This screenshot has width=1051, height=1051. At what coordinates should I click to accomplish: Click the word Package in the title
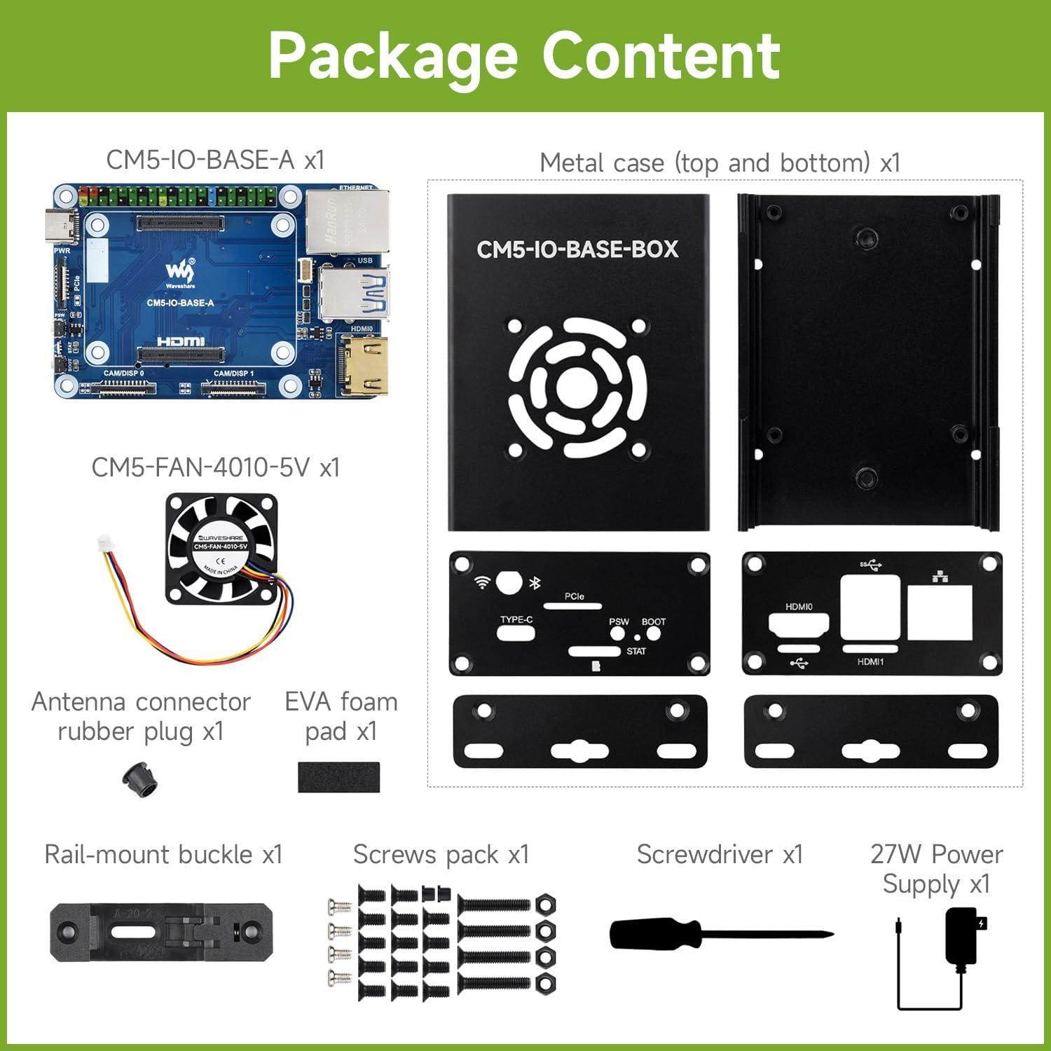tap(392, 56)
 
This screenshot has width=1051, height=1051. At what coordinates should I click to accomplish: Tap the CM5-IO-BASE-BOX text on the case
tap(577, 249)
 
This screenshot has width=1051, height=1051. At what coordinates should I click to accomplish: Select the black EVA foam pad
tap(338, 777)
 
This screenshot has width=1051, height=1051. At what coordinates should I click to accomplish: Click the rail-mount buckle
tap(161, 932)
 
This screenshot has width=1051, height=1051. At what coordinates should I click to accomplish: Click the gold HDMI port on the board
tap(364, 364)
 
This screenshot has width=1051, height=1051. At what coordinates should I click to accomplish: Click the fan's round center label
tap(221, 549)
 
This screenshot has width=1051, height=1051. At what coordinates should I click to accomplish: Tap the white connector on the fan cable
tap(104, 542)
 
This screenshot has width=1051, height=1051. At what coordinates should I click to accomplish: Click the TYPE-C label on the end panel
tap(516, 619)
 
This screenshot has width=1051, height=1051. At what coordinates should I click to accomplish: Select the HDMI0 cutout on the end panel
tap(799, 624)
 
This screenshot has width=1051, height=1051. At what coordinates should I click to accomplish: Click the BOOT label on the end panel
tap(653, 621)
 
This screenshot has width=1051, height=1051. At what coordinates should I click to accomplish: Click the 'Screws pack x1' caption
tap(441, 855)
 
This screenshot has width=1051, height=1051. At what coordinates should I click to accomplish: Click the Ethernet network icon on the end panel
tap(940, 577)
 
